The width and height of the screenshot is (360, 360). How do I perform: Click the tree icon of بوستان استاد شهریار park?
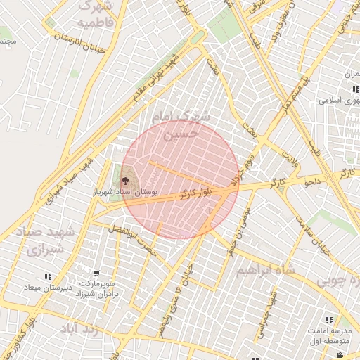click(x=126, y=182)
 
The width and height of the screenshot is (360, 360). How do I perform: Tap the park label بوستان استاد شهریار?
click(x=125, y=191)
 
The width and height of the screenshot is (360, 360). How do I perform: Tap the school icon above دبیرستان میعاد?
click(x=47, y=277)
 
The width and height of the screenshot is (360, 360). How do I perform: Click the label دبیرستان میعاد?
click(x=48, y=288)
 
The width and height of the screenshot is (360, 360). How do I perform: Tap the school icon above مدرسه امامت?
click(x=329, y=320)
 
